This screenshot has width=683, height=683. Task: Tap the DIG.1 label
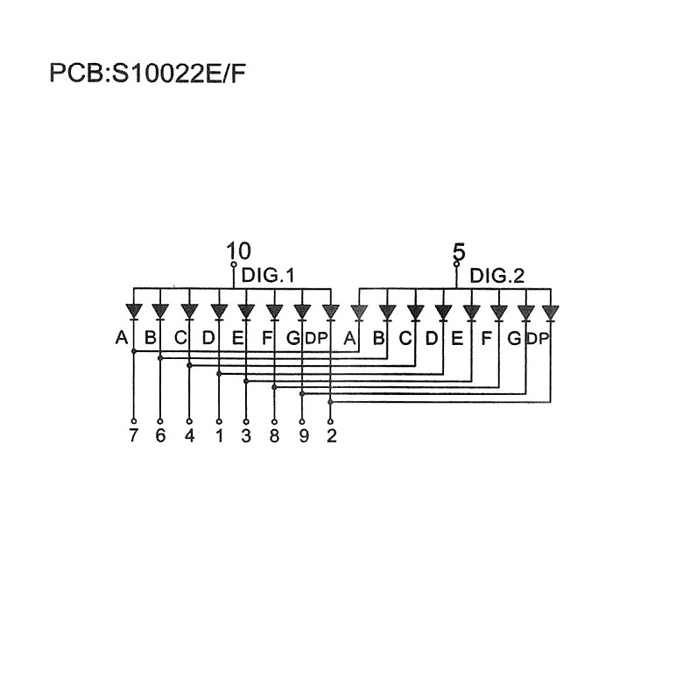pyautogui.click(x=267, y=276)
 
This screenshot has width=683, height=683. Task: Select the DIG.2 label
pyautogui.click(x=496, y=276)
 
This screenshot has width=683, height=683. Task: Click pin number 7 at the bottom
pyautogui.click(x=133, y=435)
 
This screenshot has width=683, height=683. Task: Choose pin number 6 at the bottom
pyautogui.click(x=160, y=435)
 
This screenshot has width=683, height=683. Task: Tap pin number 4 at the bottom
pyautogui.click(x=189, y=435)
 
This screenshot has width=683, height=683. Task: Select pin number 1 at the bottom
pyautogui.click(x=218, y=435)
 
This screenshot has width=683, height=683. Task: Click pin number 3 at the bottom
pyautogui.click(x=246, y=435)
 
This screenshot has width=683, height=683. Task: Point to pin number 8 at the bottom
pyautogui.click(x=274, y=435)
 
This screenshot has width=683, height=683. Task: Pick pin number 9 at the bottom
pyautogui.click(x=303, y=435)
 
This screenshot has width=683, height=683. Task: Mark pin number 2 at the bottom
pyautogui.click(x=330, y=435)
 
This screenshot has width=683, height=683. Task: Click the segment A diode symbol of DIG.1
pyautogui.click(x=133, y=311)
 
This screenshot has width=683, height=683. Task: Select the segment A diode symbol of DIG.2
pyautogui.click(x=357, y=311)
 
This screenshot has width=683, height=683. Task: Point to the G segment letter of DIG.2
pyautogui.click(x=515, y=337)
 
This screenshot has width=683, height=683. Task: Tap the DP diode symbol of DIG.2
pyautogui.click(x=551, y=311)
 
